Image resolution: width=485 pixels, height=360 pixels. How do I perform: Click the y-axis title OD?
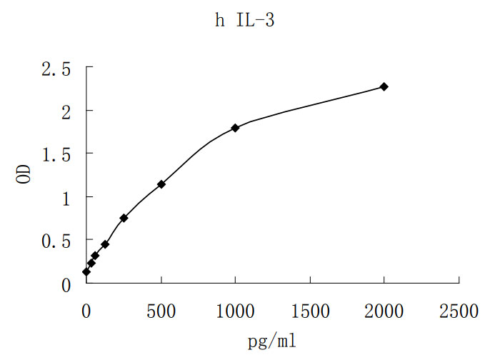[x=24, y=175]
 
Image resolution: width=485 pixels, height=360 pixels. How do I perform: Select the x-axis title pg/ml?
[x=271, y=341]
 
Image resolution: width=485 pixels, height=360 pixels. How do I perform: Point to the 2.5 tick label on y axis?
[x=56, y=69]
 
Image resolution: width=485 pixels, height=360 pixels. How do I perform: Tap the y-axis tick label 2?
[x=66, y=111]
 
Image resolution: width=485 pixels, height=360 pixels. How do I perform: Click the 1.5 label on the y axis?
[x=56, y=154]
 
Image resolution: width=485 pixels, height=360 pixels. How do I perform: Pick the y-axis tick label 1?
[x=66, y=198]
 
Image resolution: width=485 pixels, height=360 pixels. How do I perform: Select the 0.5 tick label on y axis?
[x=56, y=241]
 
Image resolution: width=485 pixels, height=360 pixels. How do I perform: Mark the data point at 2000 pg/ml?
[x=384, y=86]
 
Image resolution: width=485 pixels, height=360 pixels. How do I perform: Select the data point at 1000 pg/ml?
[x=235, y=128]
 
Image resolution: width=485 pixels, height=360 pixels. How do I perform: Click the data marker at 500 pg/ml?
[x=161, y=184]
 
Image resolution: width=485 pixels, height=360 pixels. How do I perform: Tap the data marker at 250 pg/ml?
[x=124, y=218]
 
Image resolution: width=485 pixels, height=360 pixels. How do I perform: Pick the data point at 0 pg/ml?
[x=86, y=271]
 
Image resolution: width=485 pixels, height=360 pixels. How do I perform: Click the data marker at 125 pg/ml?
[x=105, y=244]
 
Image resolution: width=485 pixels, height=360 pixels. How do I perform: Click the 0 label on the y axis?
[x=66, y=284]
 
